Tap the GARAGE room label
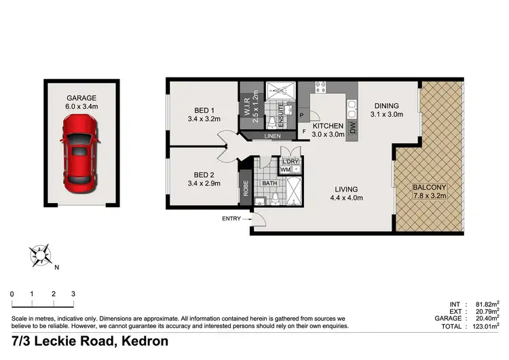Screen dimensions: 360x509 click(x=81, y=98)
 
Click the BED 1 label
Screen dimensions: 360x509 click(x=204, y=110)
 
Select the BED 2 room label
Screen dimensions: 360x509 click(x=204, y=173)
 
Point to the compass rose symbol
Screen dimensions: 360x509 click(x=41, y=255)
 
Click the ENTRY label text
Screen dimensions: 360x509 click(x=231, y=218)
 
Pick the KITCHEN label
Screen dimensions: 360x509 click(x=328, y=126)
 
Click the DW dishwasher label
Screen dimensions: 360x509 click(x=352, y=128)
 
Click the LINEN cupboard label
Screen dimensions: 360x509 click(x=272, y=136)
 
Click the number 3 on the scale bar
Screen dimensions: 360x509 click(x=73, y=293)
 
